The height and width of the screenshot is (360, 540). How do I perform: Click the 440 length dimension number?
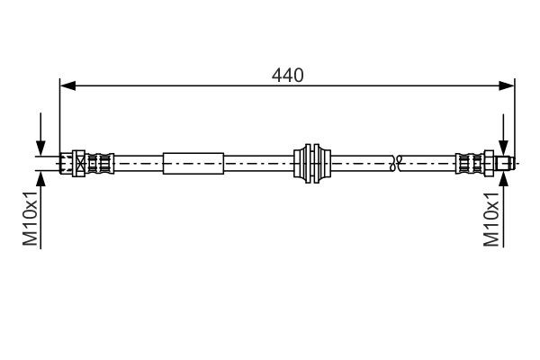[288, 76]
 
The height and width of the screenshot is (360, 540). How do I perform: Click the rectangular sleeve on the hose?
[192, 164]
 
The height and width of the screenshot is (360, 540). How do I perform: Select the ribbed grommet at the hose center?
[313, 164]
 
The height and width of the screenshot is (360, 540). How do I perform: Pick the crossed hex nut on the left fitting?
[81, 164]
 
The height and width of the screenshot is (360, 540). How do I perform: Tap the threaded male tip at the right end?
[507, 164]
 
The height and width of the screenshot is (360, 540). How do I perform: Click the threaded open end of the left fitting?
[65, 164]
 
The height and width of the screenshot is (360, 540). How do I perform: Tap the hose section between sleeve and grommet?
[258, 164]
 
